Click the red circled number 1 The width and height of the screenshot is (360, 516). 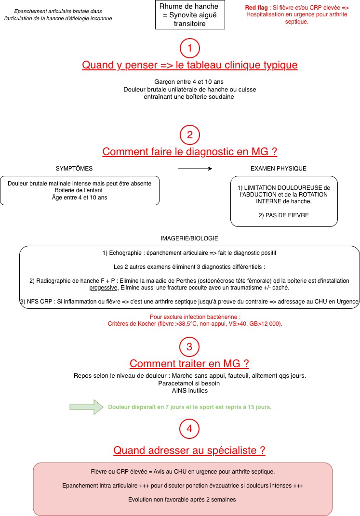pos(189,48)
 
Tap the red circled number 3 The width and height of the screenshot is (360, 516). pos(189,346)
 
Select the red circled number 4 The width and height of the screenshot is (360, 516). pos(189,428)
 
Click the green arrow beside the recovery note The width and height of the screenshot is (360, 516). pos(86,407)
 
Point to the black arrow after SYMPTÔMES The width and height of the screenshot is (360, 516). pos(195,168)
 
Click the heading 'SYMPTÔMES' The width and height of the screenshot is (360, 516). pos(74,169)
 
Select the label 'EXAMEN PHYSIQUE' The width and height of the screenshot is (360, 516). pos(278,169)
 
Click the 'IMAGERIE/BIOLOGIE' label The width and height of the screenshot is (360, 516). pos(189,238)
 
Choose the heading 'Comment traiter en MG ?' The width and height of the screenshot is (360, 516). pos(189,364)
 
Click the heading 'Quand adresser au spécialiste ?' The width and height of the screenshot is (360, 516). pos(189,450)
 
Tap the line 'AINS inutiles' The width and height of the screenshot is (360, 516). pos(189,391)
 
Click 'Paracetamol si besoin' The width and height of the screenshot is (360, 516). pos(189,384)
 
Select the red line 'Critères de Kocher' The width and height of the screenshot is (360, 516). pos(195,324)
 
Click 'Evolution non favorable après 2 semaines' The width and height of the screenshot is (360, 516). pos(182,500)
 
